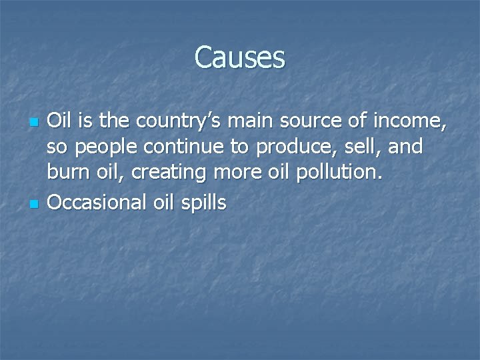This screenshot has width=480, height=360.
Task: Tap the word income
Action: coord(413,123)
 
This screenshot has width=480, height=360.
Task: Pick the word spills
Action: coord(204,203)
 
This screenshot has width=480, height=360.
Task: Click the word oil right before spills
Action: coord(167,202)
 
